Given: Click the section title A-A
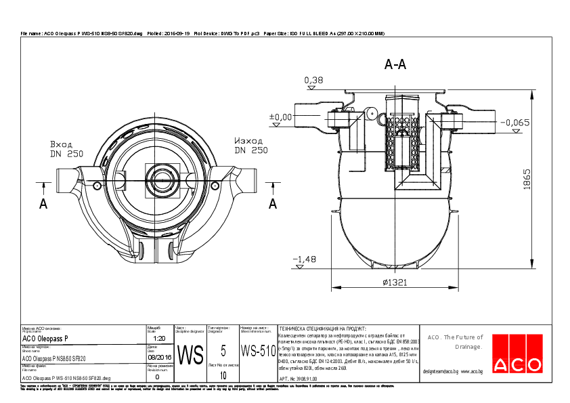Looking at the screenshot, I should tap(395, 65).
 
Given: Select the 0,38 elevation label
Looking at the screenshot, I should tap(313, 81).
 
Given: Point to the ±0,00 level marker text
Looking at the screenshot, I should tap(280, 117).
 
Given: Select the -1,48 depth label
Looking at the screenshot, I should tap(305, 259).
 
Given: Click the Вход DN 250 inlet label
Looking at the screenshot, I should tap(66, 149).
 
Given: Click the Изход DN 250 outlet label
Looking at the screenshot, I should tap(251, 146).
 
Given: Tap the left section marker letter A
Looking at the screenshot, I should tap(43, 203).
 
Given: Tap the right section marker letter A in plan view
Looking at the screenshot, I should tap(273, 203).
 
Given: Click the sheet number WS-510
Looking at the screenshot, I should tap(258, 352).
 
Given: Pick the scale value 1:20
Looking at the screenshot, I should tap(160, 338).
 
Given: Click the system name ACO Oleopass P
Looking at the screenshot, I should tap(45, 338).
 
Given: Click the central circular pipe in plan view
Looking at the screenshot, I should tap(161, 180).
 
